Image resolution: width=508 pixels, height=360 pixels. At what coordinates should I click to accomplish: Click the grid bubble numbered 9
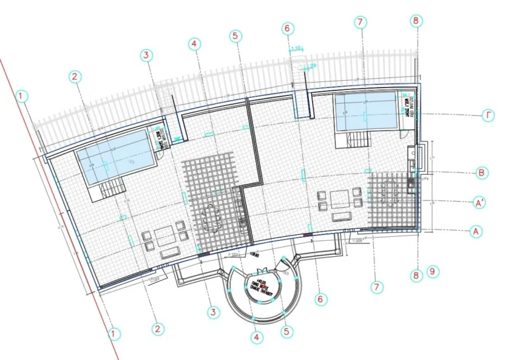(x=433, y=271)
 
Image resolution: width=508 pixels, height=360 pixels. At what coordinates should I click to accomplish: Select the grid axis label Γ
(x=487, y=116)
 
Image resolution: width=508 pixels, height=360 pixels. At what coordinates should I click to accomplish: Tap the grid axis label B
(x=482, y=173)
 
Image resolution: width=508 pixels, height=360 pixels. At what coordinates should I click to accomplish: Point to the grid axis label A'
(x=481, y=203)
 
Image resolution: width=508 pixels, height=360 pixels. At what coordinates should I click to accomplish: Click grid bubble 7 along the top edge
(x=360, y=22)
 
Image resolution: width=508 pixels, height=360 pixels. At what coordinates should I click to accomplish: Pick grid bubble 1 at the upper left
(x=22, y=97)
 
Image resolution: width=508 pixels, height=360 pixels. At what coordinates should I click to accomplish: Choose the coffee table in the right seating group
(x=340, y=199)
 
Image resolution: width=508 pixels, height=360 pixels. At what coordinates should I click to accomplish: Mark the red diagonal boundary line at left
(x=53, y=199)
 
